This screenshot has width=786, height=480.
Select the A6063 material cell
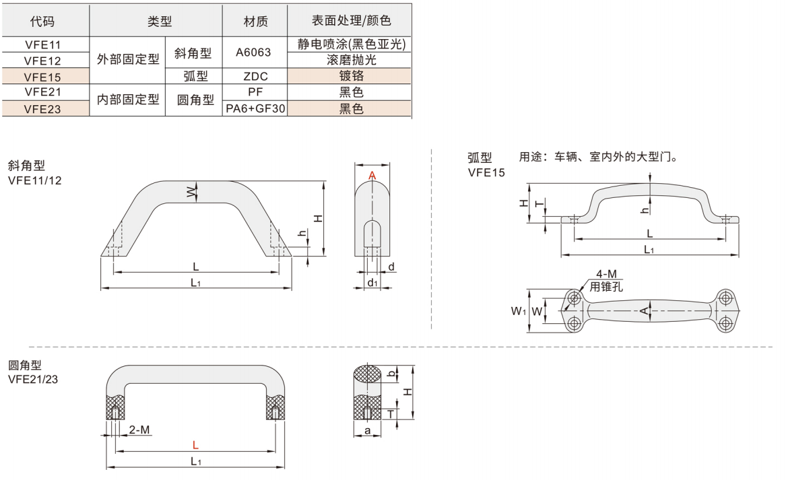click(x=255, y=53)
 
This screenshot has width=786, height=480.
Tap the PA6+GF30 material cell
click(x=255, y=108)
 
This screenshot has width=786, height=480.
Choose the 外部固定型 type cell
click(x=128, y=59)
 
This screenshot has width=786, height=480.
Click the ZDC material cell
click(x=255, y=77)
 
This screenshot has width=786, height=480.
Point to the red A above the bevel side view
click(x=372, y=176)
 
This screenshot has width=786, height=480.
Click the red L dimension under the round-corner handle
click(x=195, y=445)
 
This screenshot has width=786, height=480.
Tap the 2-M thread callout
click(x=139, y=430)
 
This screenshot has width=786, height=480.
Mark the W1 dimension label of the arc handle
click(x=517, y=311)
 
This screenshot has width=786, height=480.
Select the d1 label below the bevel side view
click(x=372, y=282)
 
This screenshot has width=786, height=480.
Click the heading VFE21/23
click(x=32, y=380)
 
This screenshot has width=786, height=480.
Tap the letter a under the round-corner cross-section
click(x=367, y=429)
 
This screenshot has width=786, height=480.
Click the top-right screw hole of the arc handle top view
click(x=725, y=298)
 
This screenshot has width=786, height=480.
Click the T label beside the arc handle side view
click(x=537, y=204)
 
